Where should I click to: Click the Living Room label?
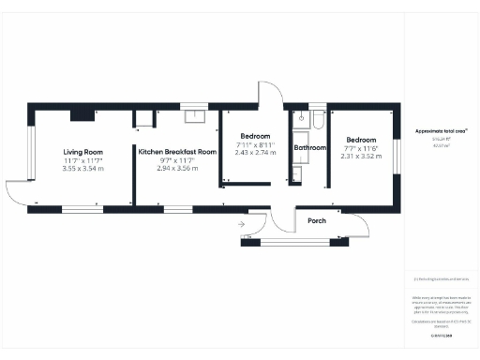[x=82, y=152]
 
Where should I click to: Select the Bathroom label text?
[x=309, y=148]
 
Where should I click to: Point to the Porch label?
[x=317, y=221]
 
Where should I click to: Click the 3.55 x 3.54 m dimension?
[x=82, y=169]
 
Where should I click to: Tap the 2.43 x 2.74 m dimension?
[x=254, y=152]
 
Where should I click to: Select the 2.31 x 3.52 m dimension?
[x=361, y=157]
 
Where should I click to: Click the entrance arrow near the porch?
[x=241, y=225]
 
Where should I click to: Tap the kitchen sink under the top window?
[x=195, y=116]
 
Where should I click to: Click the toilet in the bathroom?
[x=301, y=119]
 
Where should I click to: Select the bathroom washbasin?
[x=319, y=120]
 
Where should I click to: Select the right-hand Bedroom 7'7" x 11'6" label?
[x=361, y=142]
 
